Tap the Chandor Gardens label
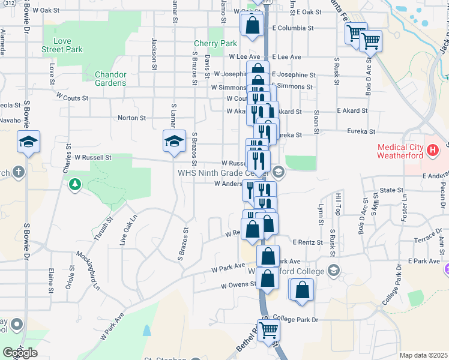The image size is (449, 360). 110,79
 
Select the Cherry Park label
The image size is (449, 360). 215,44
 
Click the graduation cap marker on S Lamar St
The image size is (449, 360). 174,142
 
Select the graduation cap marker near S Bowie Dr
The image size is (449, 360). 28,142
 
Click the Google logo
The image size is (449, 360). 19,353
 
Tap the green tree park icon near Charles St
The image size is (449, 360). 75,184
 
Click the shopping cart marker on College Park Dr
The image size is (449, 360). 269,329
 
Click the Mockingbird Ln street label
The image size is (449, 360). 87,273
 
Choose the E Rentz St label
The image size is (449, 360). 307,242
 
